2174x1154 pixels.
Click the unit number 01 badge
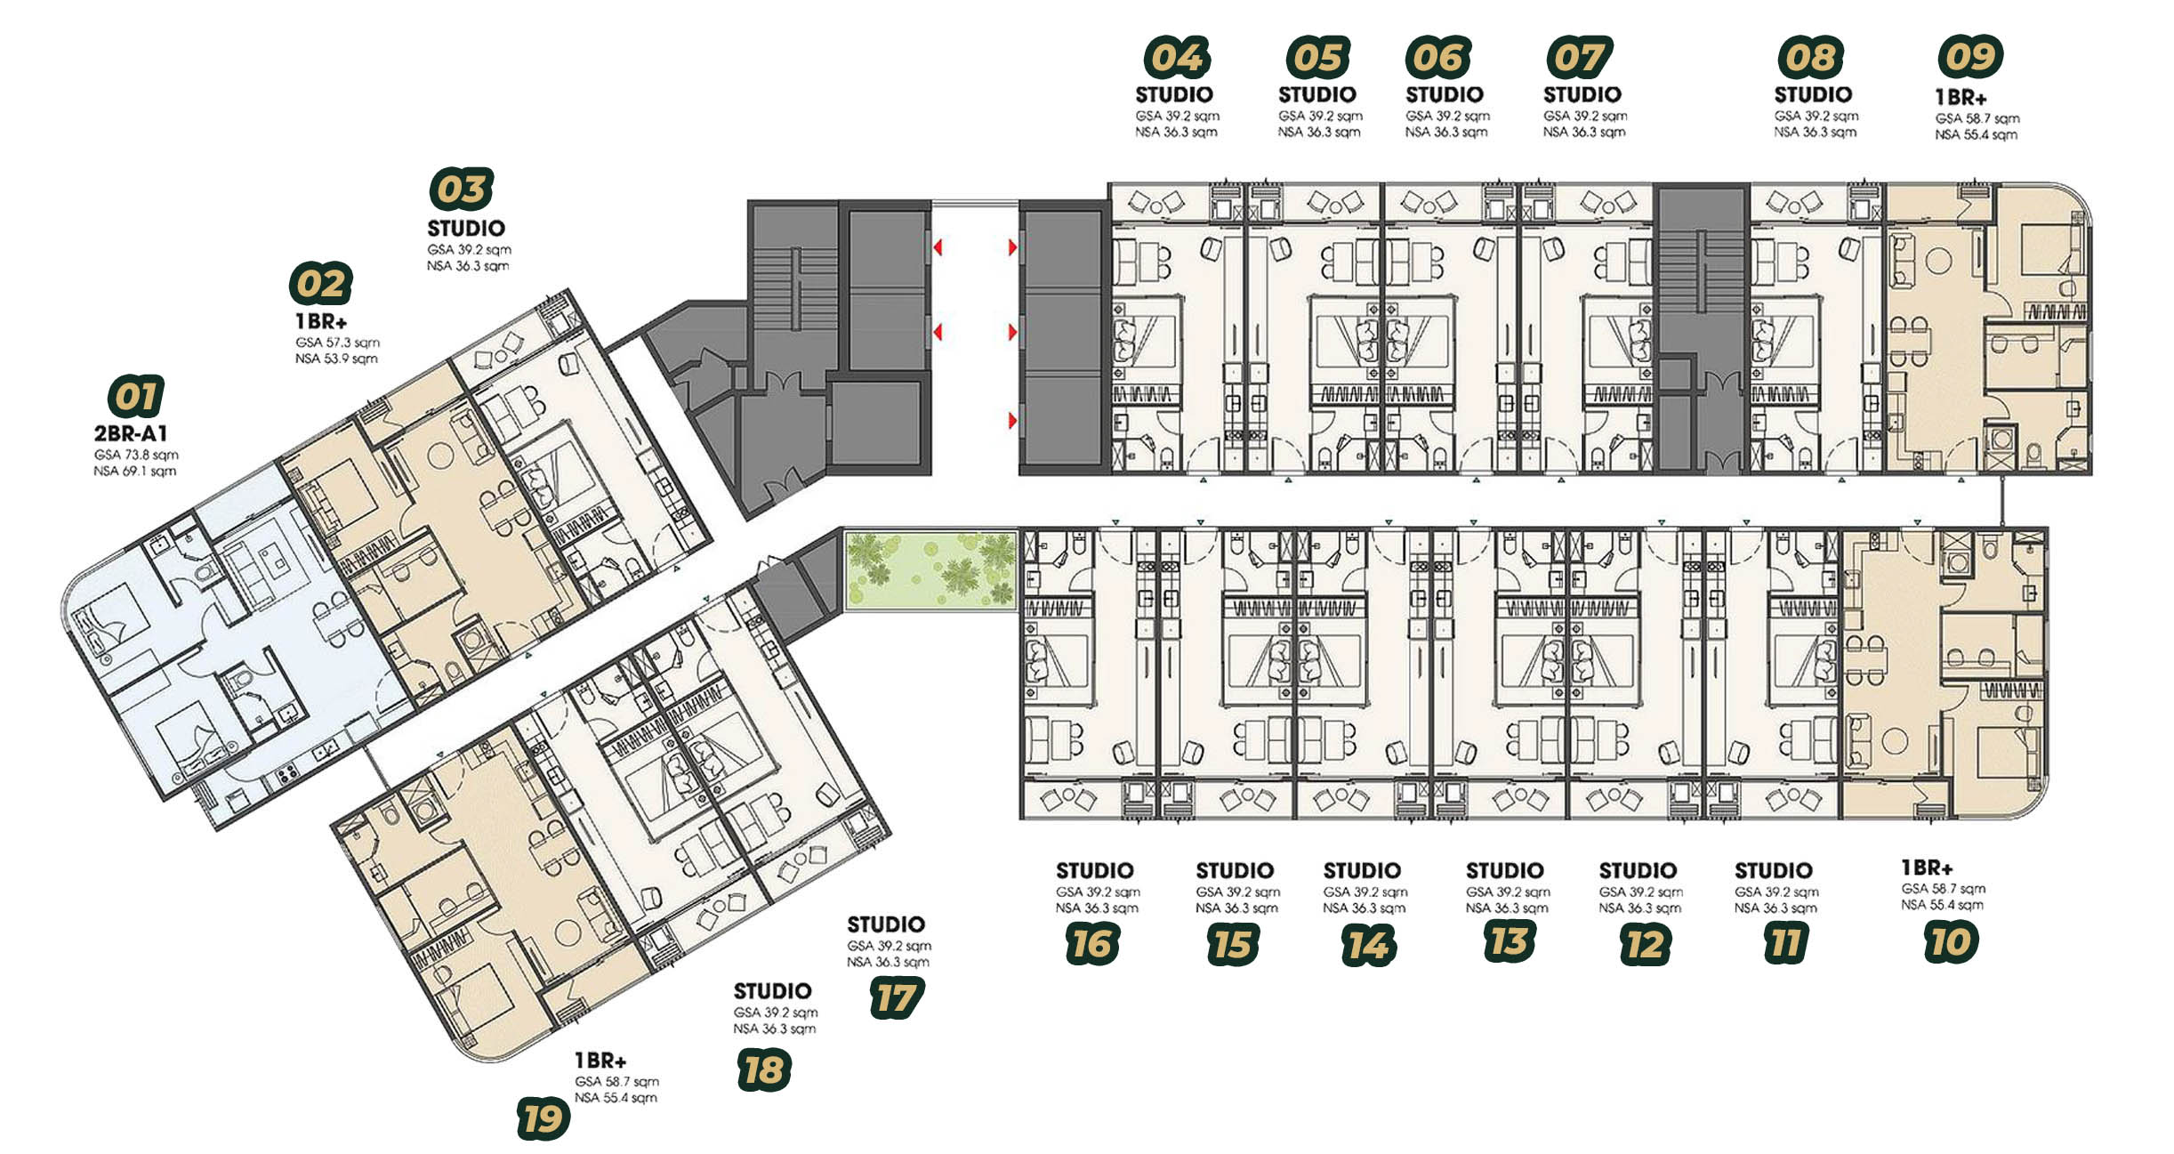click(136, 397)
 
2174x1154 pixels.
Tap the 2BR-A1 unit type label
click(131, 433)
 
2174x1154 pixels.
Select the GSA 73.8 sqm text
click(136, 455)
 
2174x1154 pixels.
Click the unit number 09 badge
click(1970, 57)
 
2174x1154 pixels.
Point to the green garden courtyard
click(930, 569)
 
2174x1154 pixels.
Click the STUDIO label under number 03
click(466, 228)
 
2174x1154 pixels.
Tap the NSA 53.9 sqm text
click(336, 359)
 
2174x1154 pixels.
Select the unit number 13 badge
click(1510, 941)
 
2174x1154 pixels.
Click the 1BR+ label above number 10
click(1927, 868)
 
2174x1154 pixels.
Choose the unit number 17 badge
click(897, 997)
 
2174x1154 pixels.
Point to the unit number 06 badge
click(1438, 57)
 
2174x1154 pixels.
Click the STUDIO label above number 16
click(1095, 870)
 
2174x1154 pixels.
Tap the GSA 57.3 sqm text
click(338, 343)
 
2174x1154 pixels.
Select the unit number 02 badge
click(321, 284)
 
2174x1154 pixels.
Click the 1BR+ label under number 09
click(1961, 97)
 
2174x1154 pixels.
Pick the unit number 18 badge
click(764, 1069)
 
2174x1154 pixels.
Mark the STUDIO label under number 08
click(1813, 94)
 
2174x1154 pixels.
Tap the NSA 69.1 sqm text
click(135, 471)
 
